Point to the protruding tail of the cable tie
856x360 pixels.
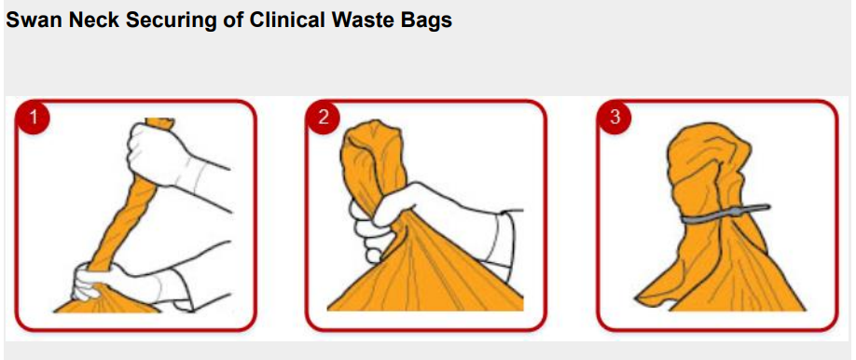point(753,209)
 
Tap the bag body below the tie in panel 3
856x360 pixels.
point(721,268)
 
